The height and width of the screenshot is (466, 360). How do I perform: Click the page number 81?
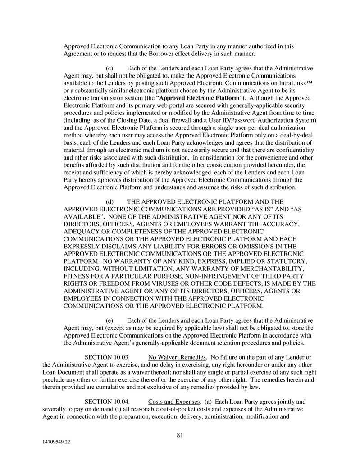pyautogui.click(x=180, y=435)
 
